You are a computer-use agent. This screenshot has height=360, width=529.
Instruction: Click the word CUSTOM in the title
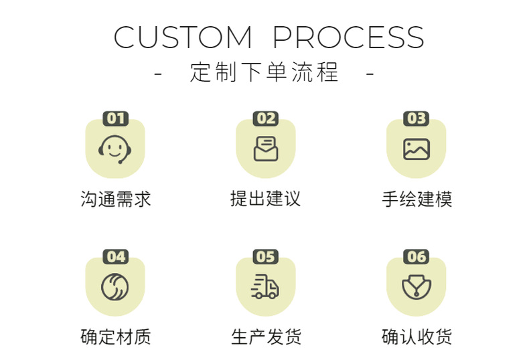[x=182, y=37]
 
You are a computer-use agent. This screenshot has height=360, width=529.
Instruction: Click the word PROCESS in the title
[x=348, y=37]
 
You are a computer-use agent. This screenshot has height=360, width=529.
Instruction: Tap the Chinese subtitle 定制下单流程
[x=264, y=72]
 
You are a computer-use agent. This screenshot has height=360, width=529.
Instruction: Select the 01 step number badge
[x=115, y=118]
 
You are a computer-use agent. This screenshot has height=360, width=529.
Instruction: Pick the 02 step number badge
[x=266, y=118]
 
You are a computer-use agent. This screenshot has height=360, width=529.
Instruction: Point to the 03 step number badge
[x=417, y=118]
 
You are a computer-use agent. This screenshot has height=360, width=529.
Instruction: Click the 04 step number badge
[x=115, y=256]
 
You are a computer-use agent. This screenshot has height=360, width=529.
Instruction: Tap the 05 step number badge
[x=266, y=256]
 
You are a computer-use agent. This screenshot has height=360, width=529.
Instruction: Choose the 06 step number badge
[x=417, y=256]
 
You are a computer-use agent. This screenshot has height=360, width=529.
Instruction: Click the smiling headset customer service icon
[x=115, y=149]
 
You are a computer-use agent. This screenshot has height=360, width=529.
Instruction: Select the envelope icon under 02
[x=266, y=149]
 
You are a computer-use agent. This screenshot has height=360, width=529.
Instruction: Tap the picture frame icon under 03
[x=417, y=149]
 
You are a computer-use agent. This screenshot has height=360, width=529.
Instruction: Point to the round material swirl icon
[x=115, y=286]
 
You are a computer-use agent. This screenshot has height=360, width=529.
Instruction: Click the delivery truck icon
[x=265, y=286]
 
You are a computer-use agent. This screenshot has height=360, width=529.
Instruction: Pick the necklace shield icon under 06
[x=417, y=286]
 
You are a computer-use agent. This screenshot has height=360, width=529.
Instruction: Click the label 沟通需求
[x=115, y=199]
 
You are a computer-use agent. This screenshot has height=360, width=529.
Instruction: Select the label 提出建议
[x=265, y=199]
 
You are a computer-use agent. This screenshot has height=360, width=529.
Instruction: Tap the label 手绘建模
[x=417, y=199]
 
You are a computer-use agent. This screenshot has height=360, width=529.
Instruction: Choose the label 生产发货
[x=265, y=336]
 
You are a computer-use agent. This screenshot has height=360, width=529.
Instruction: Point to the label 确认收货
[x=417, y=336]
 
